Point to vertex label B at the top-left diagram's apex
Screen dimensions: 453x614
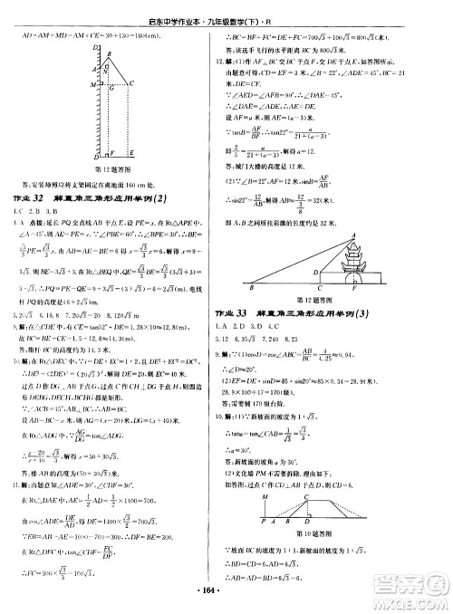click(x=111, y=42)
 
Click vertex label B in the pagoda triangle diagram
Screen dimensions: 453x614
click(x=250, y=289)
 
